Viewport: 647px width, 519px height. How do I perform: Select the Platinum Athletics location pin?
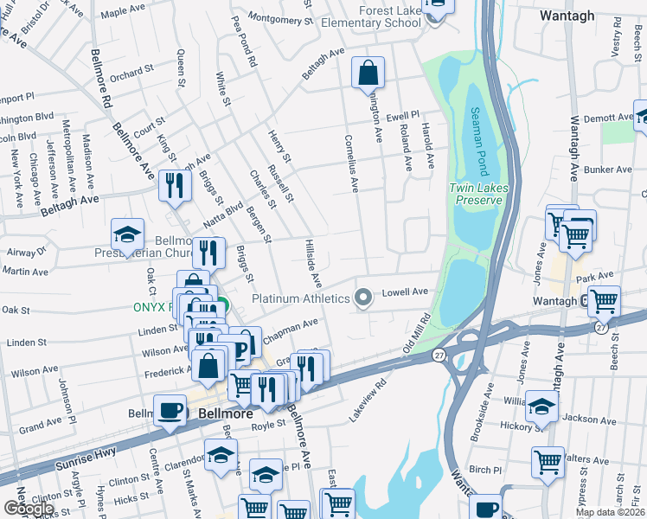pyautogui.click(x=363, y=298)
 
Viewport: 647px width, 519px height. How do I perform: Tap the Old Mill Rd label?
pyautogui.click(x=418, y=332)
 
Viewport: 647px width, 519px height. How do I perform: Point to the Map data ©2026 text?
pyautogui.click(x=609, y=512)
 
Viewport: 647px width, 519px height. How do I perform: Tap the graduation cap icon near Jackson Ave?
pyautogui.click(x=541, y=407)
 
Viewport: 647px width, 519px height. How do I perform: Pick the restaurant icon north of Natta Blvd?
pyautogui.click(x=175, y=186)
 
